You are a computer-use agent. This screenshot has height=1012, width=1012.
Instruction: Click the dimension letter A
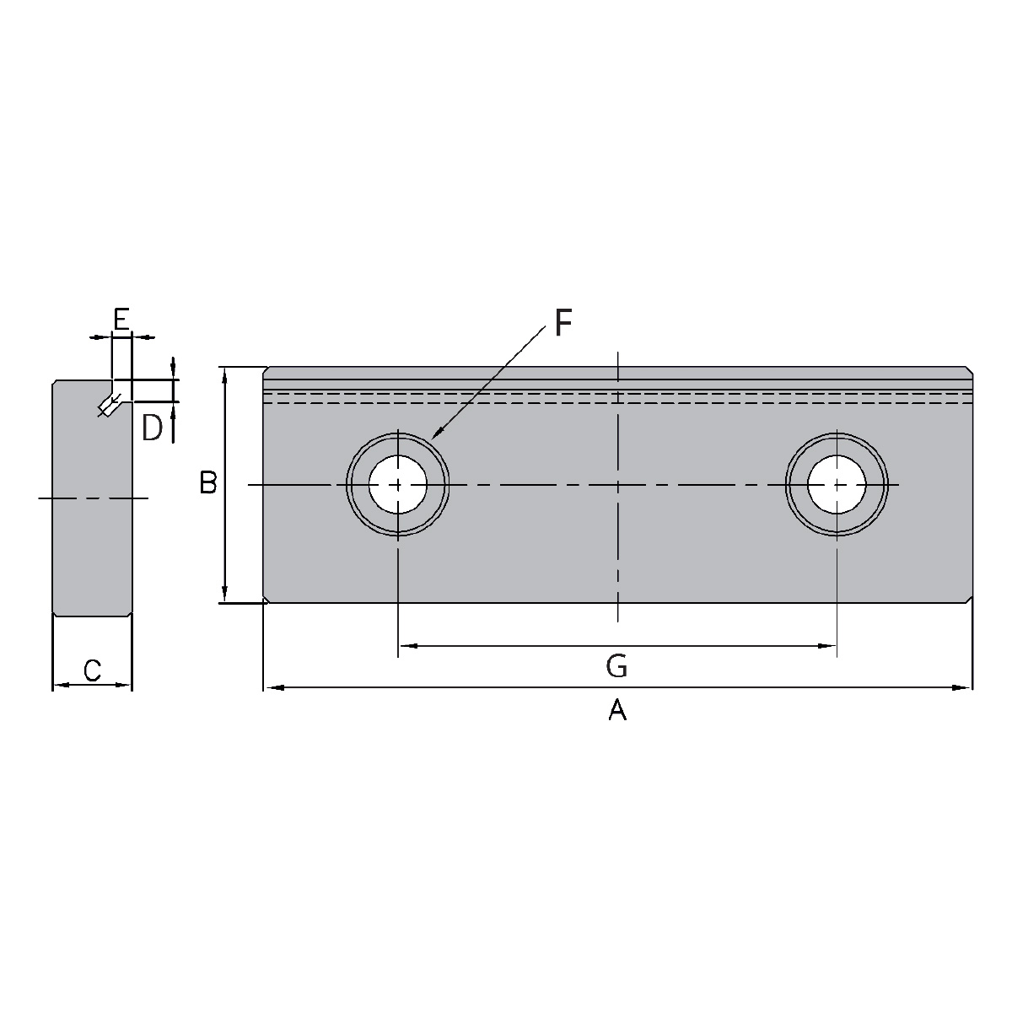coord(617,711)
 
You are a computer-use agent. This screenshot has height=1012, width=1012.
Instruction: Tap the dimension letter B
coord(208,483)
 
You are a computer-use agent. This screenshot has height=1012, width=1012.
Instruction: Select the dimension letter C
coord(93,670)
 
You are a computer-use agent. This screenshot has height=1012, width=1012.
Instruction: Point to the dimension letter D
coord(153,428)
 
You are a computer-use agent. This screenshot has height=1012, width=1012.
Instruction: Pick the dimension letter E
coord(121,320)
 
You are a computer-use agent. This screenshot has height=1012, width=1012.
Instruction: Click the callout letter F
coord(563,323)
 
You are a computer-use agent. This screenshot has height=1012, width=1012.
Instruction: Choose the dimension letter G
coord(616,666)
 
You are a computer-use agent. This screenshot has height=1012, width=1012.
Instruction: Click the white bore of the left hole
coord(397,484)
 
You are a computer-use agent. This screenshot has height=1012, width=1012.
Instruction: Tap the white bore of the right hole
coord(837,484)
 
